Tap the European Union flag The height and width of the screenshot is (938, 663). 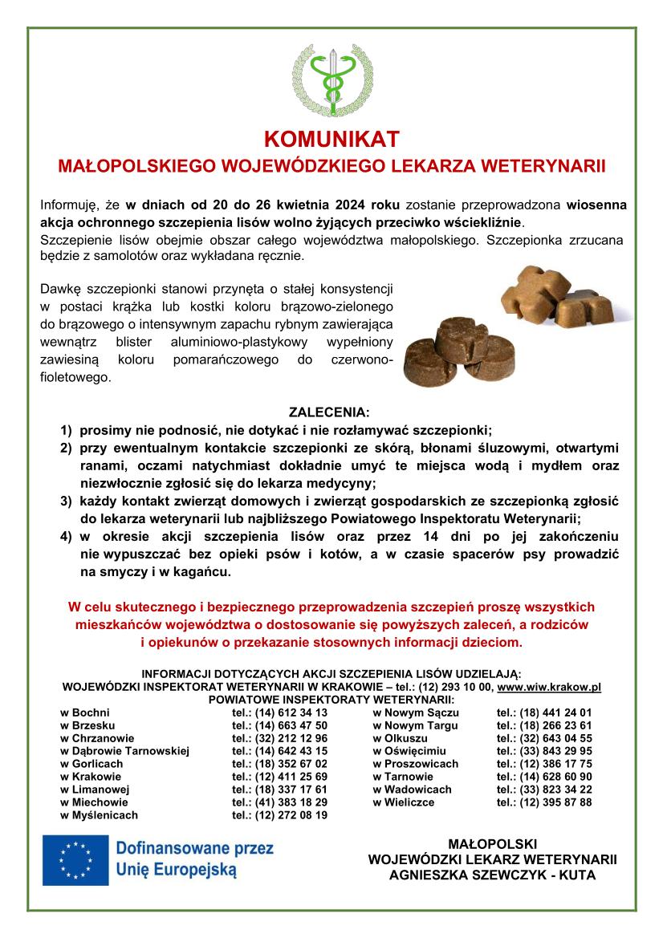76,859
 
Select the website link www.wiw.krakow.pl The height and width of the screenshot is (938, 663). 549,688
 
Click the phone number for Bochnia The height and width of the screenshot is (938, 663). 279,713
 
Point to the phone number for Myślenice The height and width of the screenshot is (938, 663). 279,815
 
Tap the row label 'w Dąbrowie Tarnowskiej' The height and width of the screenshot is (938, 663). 124,751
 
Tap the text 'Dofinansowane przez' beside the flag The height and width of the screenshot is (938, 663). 195,848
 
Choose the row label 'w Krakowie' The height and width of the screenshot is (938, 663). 91,777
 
